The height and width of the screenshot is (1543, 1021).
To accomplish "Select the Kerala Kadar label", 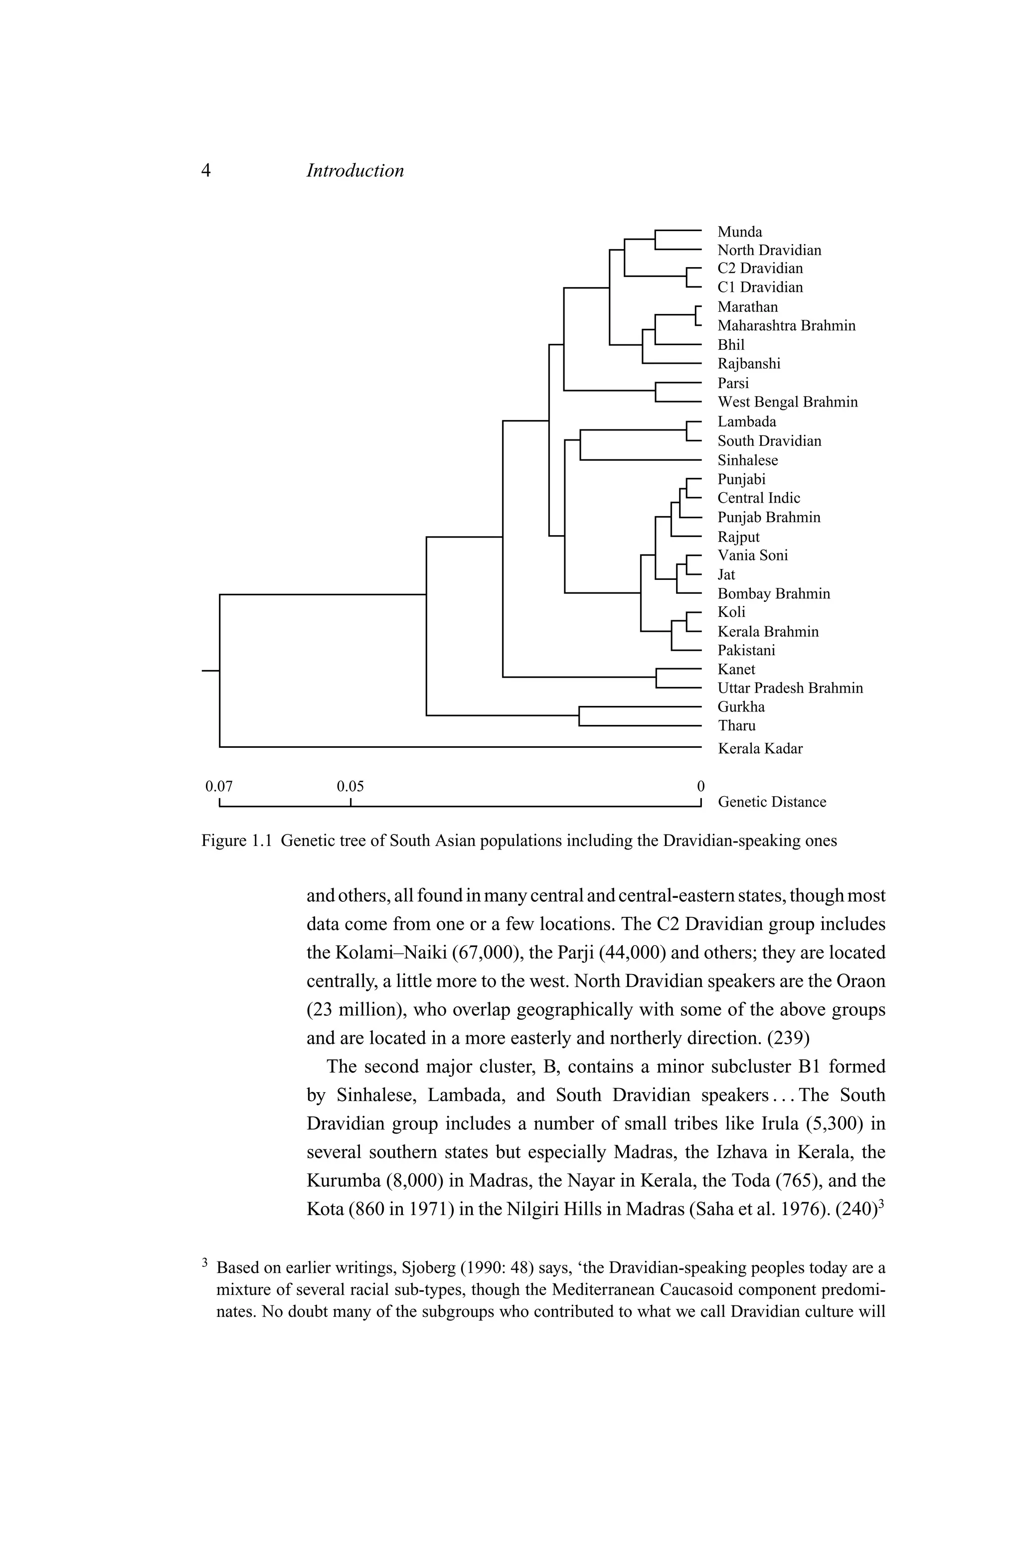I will pos(760,748).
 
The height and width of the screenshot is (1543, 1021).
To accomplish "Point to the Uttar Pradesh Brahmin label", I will pos(790,688).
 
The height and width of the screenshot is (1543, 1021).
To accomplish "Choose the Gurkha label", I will pos(741,707).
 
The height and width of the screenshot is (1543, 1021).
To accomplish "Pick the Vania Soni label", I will pos(752,555).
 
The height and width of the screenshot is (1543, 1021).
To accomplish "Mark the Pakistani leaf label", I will pos(746,650).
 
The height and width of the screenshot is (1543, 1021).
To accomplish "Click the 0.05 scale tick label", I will pos(350,786).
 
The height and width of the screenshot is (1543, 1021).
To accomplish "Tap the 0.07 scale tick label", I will pos(219,786).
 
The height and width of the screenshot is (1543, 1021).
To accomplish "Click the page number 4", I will pos(206,170).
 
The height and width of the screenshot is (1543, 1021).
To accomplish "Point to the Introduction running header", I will pos(355,170).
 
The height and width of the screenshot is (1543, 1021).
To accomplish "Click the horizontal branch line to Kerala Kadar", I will pos(456,747).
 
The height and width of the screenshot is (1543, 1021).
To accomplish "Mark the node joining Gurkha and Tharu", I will pos(579,716).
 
